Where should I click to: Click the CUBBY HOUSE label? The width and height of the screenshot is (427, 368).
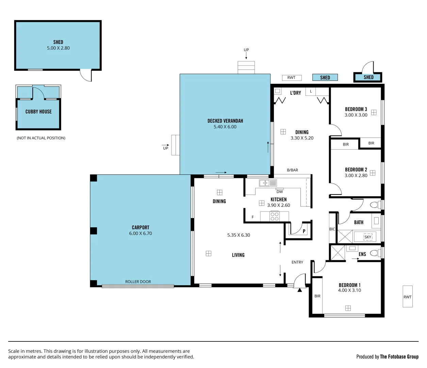coord(38,112)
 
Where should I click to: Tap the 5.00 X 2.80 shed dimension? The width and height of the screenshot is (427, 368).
coord(58,48)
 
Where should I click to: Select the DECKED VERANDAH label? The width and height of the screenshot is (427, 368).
coord(225,121)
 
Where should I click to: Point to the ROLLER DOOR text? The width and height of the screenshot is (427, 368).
coord(138,282)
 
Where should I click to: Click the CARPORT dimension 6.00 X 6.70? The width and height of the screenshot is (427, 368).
coord(141,233)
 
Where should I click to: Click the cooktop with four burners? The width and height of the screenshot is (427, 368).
coord(275,216)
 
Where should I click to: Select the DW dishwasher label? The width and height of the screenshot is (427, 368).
coord(280,192)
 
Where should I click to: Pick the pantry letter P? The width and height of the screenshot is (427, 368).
coord(304,231)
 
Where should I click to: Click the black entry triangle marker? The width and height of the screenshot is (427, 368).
coord(299,290)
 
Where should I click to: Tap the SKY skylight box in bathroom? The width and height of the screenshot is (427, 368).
coord(368,237)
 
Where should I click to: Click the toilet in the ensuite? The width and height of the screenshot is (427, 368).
coord(374,253)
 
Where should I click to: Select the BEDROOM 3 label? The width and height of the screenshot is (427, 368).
coord(356,109)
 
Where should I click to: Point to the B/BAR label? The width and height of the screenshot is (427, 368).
coord(292,170)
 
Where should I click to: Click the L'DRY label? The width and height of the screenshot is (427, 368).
coord(295,93)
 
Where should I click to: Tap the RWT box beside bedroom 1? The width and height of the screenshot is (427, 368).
coord(407,297)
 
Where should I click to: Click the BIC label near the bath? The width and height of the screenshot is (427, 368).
coord(332,229)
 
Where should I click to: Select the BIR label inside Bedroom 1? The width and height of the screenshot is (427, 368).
coord(317,296)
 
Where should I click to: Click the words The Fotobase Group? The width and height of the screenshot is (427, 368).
coord(399,357)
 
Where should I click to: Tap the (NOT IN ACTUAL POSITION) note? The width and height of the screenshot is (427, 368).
coord(41,138)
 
